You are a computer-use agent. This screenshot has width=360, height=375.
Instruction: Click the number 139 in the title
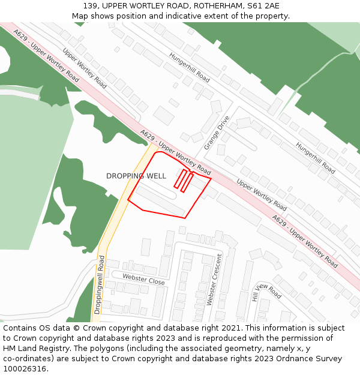91,6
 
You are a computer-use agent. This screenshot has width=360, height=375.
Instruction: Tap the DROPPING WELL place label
136,176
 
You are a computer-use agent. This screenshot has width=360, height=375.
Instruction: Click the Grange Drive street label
217,133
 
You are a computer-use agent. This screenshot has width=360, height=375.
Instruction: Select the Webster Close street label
143,278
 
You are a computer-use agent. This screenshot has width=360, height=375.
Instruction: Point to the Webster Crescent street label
214,280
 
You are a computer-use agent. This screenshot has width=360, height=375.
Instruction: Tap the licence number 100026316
25,369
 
